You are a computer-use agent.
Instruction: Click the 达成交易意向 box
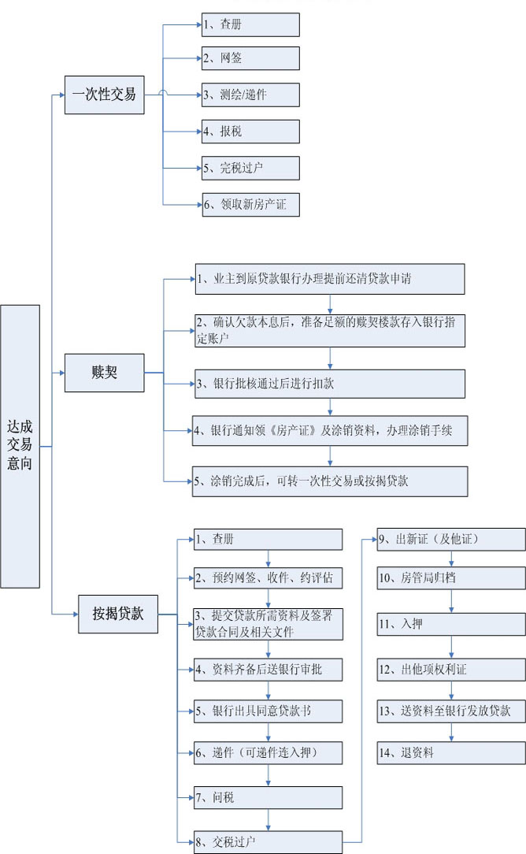20,446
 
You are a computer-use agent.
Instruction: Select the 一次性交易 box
105,95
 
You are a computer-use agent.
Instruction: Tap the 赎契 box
105,373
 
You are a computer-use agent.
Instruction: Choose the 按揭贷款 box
118,614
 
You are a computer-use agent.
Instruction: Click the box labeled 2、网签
250,58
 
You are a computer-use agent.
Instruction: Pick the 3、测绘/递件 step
250,95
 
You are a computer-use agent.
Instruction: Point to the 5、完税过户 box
250,168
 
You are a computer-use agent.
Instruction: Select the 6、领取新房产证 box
250,205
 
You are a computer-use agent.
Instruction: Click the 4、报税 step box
250,132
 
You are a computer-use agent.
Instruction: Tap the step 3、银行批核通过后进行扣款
330,384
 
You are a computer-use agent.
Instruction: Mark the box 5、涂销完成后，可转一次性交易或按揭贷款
330,481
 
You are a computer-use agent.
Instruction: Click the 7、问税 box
269,797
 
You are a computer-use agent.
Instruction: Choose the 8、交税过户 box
269,842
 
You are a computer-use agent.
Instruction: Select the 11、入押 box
451,624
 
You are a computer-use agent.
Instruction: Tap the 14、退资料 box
451,752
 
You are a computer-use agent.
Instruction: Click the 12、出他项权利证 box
451,670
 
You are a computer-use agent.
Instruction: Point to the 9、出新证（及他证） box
451,539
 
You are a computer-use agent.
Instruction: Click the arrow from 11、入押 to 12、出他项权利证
451,647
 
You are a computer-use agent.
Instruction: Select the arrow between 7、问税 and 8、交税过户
269,819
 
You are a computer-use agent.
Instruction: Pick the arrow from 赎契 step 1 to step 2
330,304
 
